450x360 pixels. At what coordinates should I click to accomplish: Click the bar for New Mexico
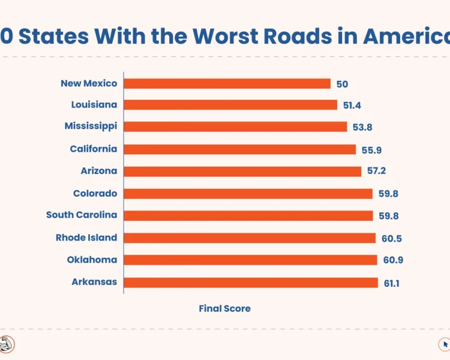(227, 83)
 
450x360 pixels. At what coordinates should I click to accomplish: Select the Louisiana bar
(231, 105)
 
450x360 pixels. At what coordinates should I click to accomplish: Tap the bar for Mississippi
(236, 127)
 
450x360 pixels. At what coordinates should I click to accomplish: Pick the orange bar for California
(240, 149)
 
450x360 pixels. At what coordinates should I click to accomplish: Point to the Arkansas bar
(251, 283)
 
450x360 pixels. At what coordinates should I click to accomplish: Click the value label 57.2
(376, 171)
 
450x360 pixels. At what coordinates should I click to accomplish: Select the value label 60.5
(391, 238)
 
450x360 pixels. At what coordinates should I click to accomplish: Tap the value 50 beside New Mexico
(342, 84)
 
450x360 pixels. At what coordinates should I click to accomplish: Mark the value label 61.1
(392, 283)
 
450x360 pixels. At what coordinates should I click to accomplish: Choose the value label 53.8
(362, 127)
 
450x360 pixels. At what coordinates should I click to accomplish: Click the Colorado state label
(95, 193)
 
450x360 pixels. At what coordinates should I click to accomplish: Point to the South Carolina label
(82, 215)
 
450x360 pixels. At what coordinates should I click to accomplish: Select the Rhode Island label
(86, 238)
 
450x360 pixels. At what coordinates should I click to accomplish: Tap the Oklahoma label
(92, 260)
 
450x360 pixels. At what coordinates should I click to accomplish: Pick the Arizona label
(99, 171)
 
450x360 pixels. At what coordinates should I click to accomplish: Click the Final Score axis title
(224, 308)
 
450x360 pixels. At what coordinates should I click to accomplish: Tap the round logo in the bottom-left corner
(7, 344)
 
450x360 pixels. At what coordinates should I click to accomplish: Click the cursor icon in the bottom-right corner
(445, 344)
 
